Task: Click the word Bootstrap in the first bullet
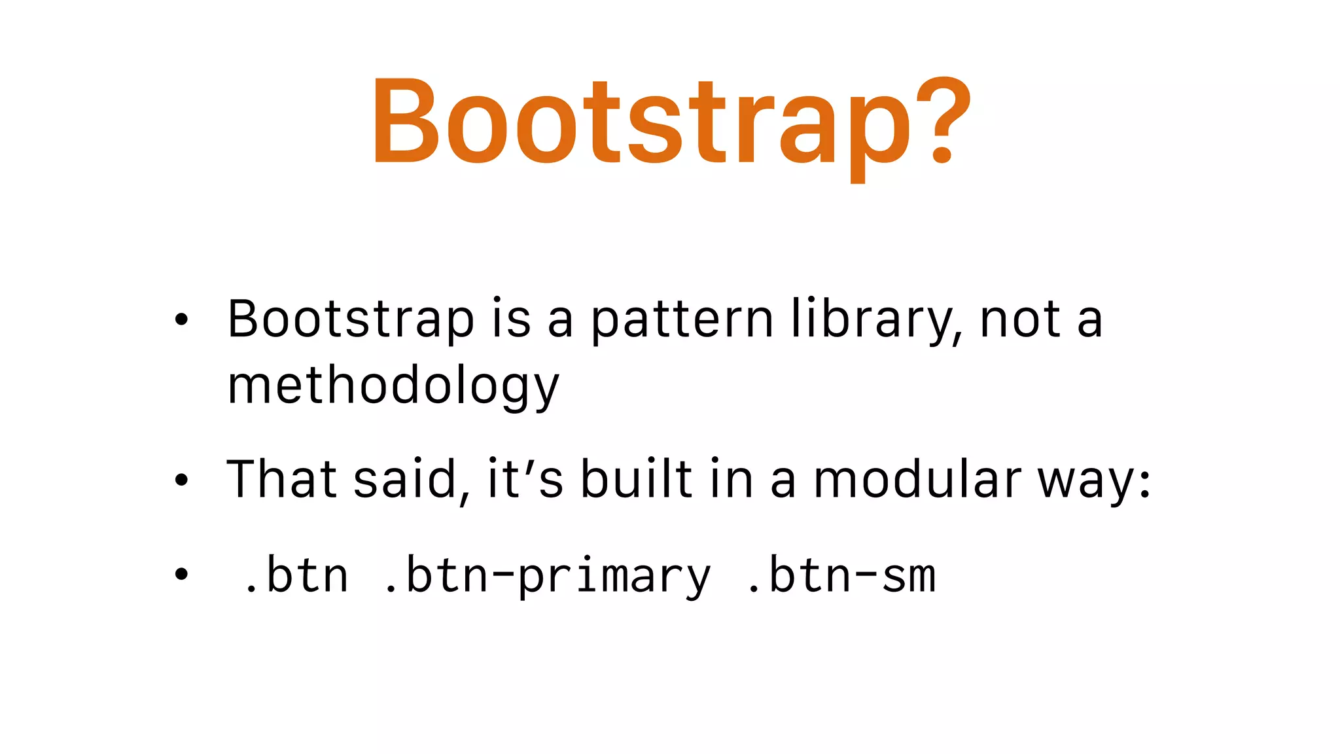(x=350, y=320)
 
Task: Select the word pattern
(x=682, y=320)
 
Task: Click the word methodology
(x=393, y=386)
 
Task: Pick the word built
(x=636, y=479)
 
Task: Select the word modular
(x=917, y=479)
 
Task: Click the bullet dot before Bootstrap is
(x=181, y=320)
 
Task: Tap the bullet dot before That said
(x=181, y=480)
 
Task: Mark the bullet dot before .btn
(x=181, y=574)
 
